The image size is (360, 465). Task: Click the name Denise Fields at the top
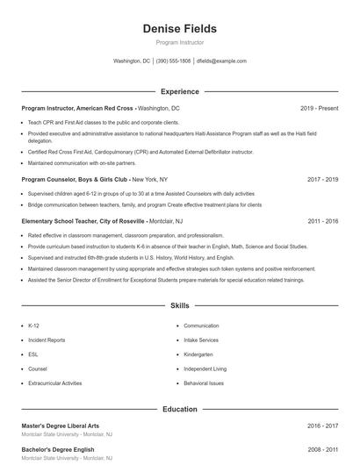179,29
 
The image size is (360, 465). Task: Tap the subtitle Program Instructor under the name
179,42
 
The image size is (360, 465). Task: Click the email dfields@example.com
221,61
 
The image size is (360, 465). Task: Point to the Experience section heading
179,91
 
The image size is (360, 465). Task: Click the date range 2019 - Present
319,108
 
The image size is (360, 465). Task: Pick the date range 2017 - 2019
322,179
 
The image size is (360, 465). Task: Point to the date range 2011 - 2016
322,221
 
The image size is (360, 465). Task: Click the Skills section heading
179,306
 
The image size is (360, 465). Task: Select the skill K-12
33,325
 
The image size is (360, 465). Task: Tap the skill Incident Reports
47,340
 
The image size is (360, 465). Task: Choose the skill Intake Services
201,340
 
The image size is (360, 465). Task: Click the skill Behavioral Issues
204,383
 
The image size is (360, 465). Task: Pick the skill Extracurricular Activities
54,383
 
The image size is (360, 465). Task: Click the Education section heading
179,409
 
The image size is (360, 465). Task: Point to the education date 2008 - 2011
322,449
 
